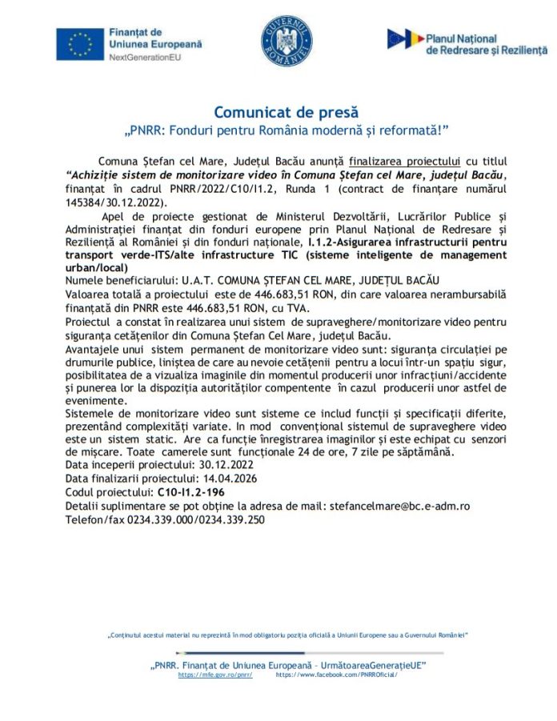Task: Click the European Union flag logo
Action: point(80,44)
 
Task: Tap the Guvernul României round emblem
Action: point(279,42)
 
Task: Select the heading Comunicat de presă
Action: point(286,112)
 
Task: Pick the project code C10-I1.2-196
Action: point(190,492)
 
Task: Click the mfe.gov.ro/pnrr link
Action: point(215,675)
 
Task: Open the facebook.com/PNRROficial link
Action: point(336,675)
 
